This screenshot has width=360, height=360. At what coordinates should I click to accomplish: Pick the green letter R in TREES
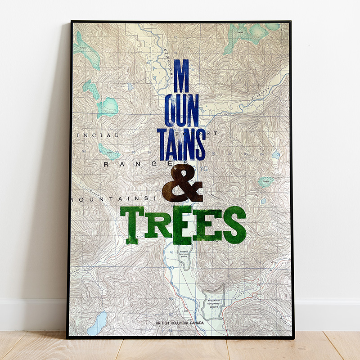(x=157, y=224)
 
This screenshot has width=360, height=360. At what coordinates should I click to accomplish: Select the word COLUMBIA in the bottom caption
(x=180, y=323)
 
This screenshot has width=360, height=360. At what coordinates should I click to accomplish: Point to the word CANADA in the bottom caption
(x=197, y=323)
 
